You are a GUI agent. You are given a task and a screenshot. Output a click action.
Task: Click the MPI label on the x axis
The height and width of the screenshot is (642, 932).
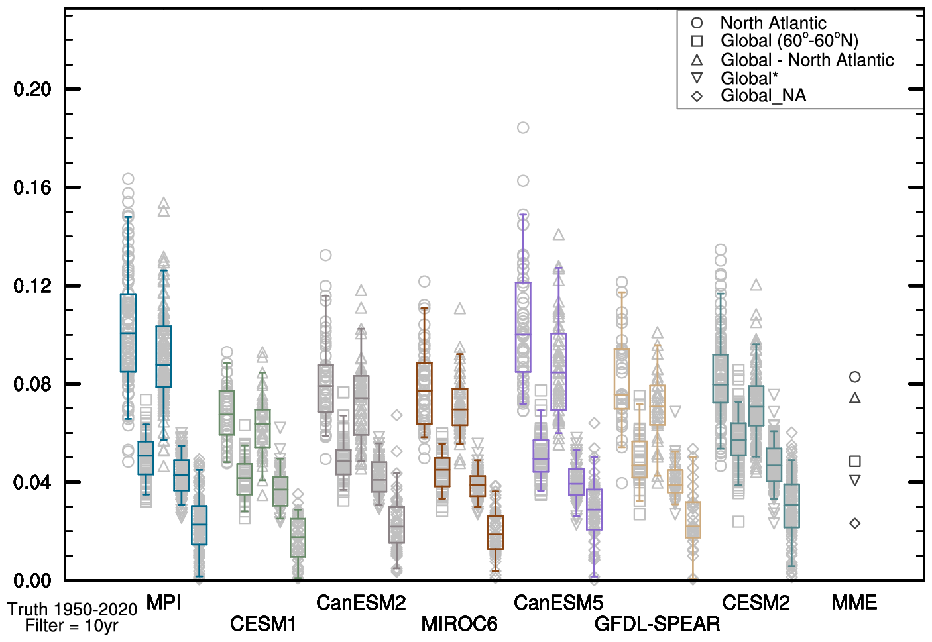click(x=163, y=602)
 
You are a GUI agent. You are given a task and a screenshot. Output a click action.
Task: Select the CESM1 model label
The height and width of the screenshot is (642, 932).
click(x=263, y=623)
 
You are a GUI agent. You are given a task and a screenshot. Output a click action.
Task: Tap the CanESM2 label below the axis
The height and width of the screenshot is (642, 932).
click(x=361, y=602)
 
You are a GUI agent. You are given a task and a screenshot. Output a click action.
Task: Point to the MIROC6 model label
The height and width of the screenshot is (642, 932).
click(x=459, y=623)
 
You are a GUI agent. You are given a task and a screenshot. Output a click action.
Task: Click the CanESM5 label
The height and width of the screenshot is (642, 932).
click(x=558, y=602)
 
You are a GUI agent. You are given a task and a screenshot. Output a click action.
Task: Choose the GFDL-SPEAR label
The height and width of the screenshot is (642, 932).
click(x=657, y=623)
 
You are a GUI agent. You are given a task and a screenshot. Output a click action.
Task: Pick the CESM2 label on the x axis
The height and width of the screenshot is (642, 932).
click(x=756, y=602)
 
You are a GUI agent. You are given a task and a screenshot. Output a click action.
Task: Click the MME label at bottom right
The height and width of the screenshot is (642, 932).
click(x=854, y=602)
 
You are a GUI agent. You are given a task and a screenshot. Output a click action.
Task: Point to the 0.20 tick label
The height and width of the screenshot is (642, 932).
click(x=32, y=89)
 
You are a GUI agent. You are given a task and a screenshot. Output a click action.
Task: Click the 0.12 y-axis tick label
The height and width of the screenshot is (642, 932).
click(x=32, y=286)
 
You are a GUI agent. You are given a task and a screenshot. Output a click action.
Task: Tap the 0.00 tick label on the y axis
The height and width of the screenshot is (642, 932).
click(x=32, y=580)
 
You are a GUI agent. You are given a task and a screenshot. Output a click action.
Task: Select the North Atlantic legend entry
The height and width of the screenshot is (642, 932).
click(x=773, y=23)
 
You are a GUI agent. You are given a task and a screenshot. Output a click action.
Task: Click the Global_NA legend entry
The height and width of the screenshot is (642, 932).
click(x=763, y=96)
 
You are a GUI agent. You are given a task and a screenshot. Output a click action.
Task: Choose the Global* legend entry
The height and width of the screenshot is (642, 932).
click(x=749, y=78)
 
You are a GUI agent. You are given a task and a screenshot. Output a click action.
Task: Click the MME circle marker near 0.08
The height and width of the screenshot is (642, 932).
click(x=855, y=377)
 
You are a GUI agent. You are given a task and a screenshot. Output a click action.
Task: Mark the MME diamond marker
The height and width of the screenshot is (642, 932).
click(x=855, y=523)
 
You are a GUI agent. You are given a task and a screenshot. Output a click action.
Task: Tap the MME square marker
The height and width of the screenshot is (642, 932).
click(x=855, y=461)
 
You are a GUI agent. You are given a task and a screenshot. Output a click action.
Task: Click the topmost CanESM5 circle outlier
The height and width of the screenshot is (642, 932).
click(x=523, y=127)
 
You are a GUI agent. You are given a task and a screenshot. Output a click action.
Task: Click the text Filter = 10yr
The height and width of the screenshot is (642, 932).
click(x=72, y=626)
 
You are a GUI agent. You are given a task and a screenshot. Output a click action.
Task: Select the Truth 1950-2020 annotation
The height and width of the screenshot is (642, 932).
click(x=72, y=610)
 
